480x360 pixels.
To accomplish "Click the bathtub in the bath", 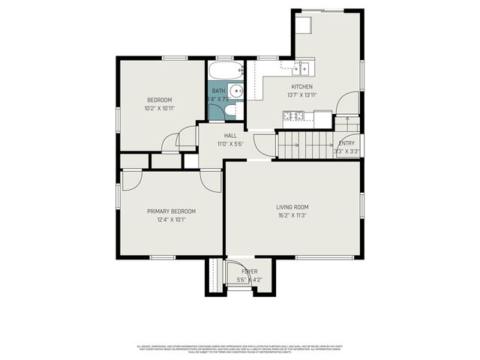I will [x=226, y=72].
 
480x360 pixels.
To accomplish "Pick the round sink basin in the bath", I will [x=235, y=91].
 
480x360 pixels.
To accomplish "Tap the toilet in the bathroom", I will [x=230, y=112].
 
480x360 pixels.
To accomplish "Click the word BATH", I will [x=217, y=91].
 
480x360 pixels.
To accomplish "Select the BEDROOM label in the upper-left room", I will [x=159, y=100].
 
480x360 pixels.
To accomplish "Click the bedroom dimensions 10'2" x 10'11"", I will [x=159, y=108].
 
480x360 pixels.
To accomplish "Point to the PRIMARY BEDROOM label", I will [x=171, y=211].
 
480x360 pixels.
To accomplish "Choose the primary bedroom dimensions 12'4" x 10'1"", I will [x=171, y=220].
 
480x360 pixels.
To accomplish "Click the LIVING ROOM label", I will [x=292, y=207].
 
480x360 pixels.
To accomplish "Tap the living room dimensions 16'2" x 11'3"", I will [x=292, y=215].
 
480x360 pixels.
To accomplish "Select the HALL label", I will [x=230, y=136].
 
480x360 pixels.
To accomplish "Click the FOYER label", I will [x=249, y=271].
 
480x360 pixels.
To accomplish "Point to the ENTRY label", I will [x=346, y=143].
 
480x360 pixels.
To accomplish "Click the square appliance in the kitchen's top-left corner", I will [x=304, y=24].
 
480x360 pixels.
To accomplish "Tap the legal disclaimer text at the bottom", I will [x=240, y=349].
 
